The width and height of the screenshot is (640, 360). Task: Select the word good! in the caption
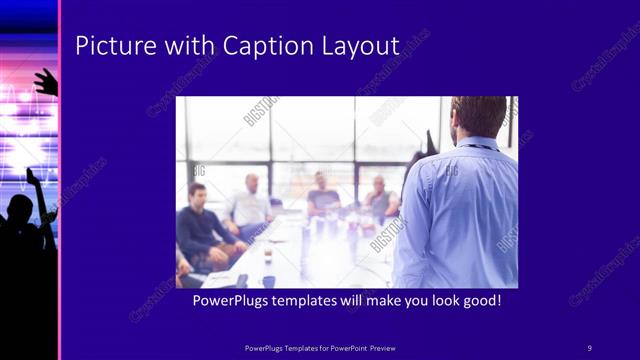click(x=478, y=299)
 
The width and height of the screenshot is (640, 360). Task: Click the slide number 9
click(x=589, y=347)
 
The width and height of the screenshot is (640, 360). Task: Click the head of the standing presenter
click(x=479, y=114)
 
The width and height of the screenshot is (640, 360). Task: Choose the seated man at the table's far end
click(x=321, y=192)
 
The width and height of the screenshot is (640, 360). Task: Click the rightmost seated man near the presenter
click(x=380, y=198)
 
